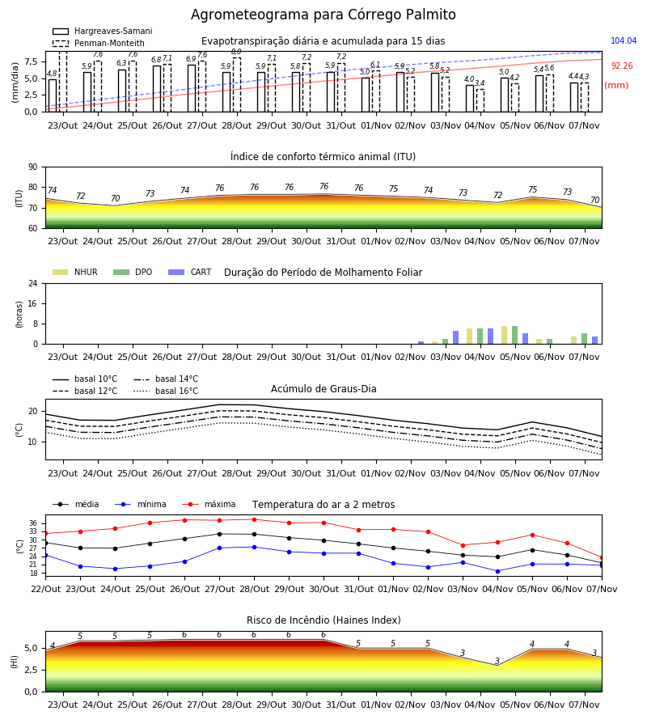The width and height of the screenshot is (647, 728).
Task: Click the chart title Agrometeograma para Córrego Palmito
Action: point(323,15)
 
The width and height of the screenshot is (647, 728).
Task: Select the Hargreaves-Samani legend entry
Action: point(103,31)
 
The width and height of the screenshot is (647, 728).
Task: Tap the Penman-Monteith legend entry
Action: point(99,43)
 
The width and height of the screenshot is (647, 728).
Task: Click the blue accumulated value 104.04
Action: point(624,41)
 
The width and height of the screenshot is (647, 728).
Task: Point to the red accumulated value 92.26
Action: point(622,66)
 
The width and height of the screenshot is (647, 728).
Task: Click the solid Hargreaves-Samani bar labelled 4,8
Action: point(53,95)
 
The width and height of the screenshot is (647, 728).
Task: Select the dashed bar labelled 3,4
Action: point(480,100)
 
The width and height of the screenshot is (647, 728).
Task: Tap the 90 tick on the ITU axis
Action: point(33,167)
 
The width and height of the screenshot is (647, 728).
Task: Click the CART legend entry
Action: point(190,272)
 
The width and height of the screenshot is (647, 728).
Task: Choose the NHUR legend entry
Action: point(75,272)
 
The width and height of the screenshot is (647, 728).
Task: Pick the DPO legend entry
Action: point(133,272)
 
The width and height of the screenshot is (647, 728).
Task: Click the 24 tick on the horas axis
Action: point(33,283)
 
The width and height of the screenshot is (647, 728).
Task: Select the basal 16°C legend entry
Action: point(166,391)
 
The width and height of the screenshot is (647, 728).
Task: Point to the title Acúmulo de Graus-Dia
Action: point(323,389)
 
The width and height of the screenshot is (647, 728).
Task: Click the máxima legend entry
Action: point(209,504)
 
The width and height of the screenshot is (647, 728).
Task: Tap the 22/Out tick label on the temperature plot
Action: point(45,589)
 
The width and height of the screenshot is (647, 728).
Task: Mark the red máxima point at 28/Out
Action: point(254,519)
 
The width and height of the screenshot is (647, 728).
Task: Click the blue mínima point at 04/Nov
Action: point(497,572)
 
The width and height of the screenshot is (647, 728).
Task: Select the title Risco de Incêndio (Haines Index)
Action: point(323,620)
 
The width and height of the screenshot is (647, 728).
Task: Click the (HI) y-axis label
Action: point(15,662)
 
